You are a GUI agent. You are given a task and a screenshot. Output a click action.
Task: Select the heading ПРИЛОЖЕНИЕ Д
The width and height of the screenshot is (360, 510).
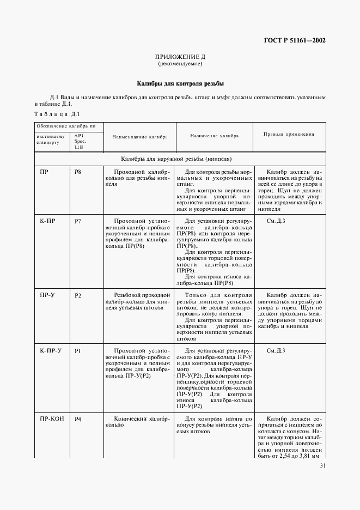pyautogui.click(x=180, y=57)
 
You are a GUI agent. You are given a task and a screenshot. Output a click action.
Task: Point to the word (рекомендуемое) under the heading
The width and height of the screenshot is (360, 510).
pyautogui.click(x=180, y=64)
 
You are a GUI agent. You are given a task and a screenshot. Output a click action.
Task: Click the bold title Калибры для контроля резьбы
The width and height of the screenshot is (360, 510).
pyautogui.click(x=180, y=84)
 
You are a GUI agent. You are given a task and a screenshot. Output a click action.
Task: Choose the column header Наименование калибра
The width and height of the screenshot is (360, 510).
pyautogui.click(x=140, y=138)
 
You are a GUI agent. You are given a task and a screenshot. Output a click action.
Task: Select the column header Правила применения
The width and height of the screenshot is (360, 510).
pyautogui.click(x=289, y=133)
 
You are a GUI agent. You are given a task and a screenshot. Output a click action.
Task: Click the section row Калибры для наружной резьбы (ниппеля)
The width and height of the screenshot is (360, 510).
pyautogui.click(x=180, y=159)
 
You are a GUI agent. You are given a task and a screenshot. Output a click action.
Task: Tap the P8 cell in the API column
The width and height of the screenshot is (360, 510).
pyautogui.click(x=78, y=172)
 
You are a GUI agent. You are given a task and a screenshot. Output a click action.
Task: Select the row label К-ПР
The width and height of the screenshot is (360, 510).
pyautogui.click(x=46, y=222)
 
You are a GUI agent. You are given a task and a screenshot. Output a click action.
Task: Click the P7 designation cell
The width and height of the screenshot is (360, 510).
pyautogui.click(x=78, y=222)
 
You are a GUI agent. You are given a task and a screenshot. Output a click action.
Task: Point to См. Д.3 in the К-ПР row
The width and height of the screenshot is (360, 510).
pyautogui.click(x=276, y=221)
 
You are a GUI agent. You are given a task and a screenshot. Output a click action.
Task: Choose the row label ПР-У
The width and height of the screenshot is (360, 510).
pyautogui.click(x=46, y=294)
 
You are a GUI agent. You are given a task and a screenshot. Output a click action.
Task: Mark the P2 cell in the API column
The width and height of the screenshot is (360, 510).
pyautogui.click(x=78, y=295)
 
